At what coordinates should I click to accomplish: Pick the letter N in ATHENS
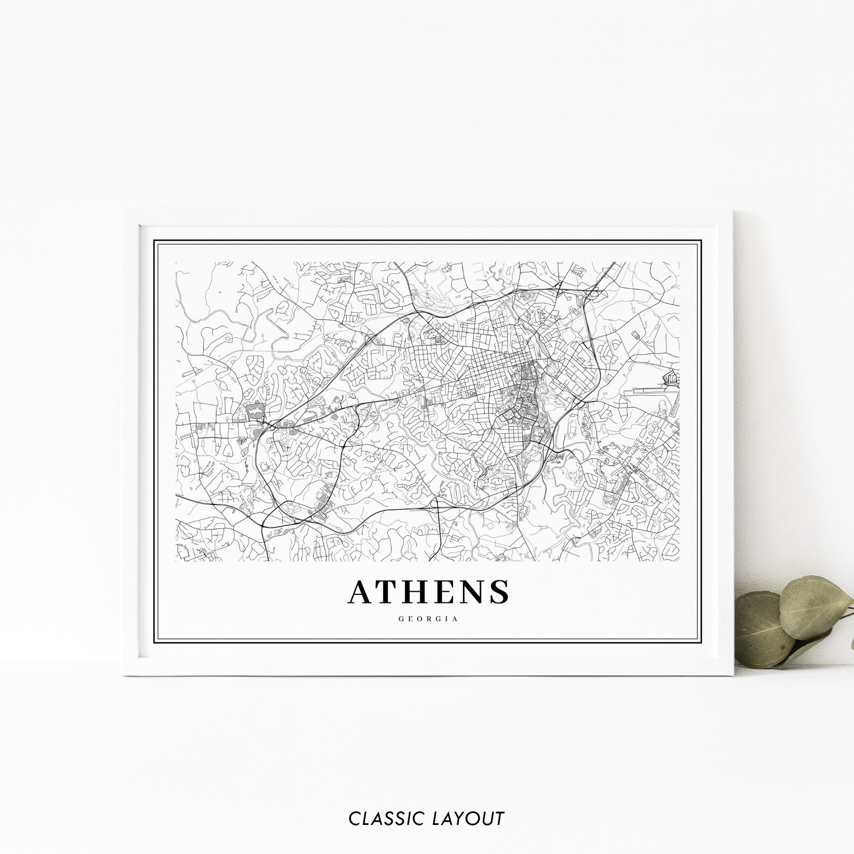tap(472, 592)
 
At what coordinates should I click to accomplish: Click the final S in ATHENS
tap(500, 592)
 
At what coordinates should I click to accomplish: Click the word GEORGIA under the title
tap(428, 619)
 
